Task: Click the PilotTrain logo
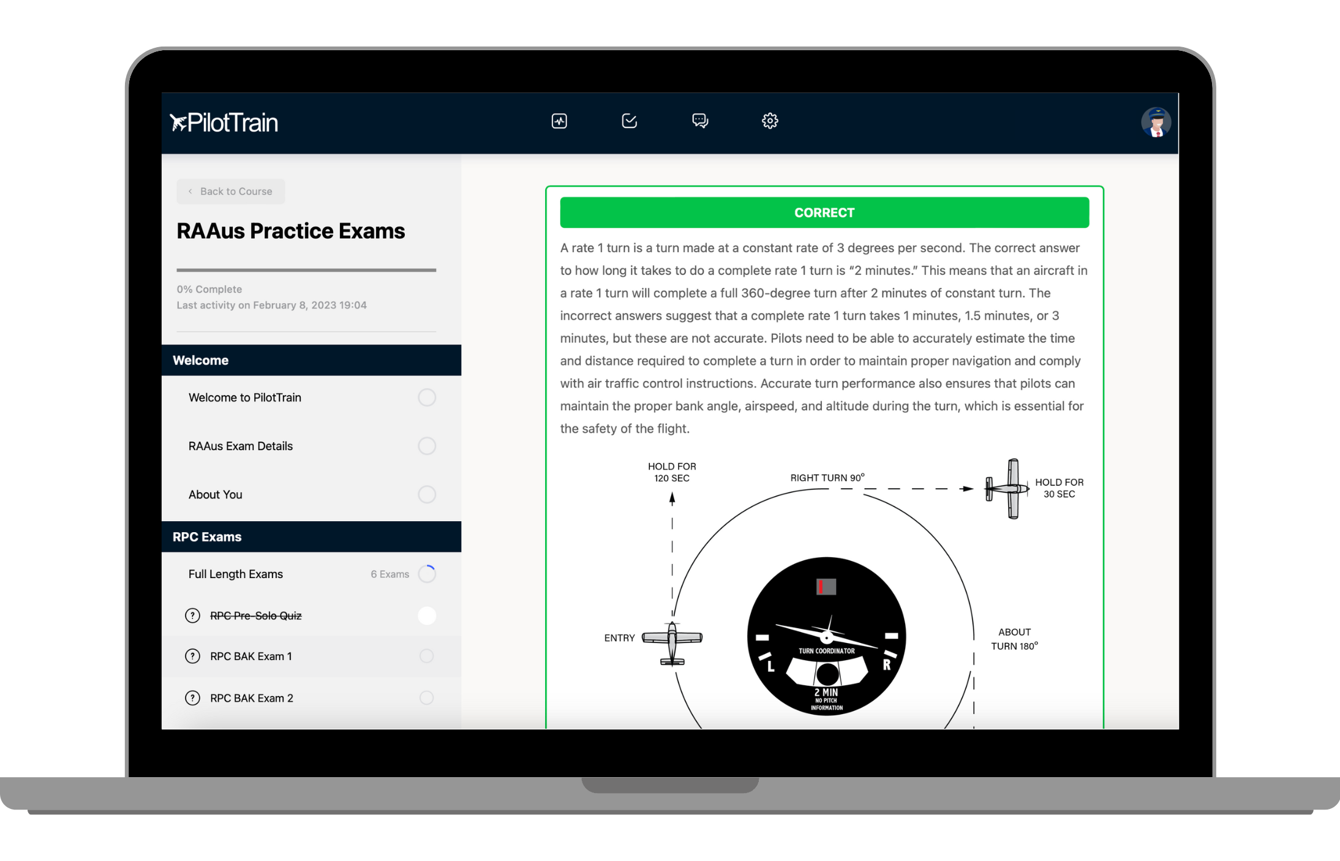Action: (x=224, y=122)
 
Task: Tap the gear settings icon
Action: (x=770, y=121)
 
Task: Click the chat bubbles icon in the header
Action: (x=700, y=121)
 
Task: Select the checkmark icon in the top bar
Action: (x=630, y=121)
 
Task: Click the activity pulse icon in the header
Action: (x=559, y=121)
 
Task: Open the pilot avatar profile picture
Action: (x=1156, y=122)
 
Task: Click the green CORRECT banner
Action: (x=824, y=212)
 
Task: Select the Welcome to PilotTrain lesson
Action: (x=245, y=397)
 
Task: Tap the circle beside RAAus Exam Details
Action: (x=427, y=446)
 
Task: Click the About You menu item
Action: (x=216, y=494)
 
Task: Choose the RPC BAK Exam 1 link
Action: (x=251, y=656)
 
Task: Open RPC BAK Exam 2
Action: (x=252, y=698)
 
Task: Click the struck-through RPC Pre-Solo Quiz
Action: (x=256, y=615)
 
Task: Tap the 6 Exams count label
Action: (x=390, y=574)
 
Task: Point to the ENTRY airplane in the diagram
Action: (x=672, y=642)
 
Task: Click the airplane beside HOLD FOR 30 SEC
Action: (x=1007, y=489)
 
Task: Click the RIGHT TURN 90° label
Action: (x=827, y=477)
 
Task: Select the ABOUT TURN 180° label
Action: (x=1015, y=639)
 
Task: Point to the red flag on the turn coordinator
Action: (x=821, y=587)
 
